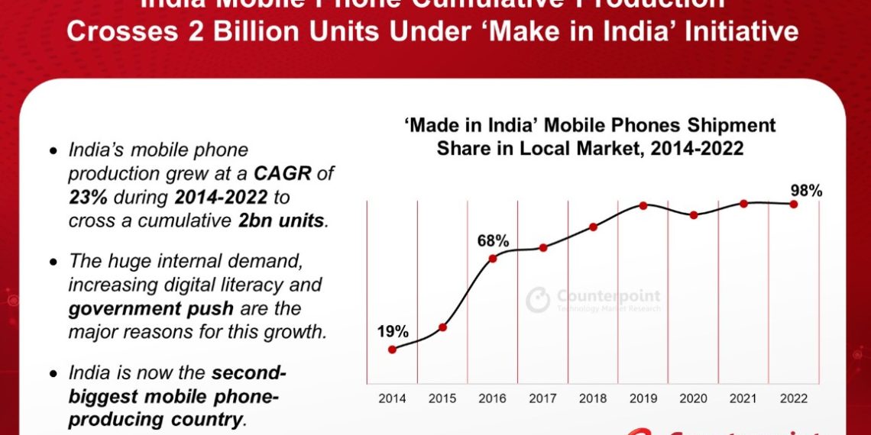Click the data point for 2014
tap(392, 350)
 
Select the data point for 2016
tap(493, 258)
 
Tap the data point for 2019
tap(643, 205)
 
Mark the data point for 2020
tap(694, 215)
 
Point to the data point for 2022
tap(794, 204)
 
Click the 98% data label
tap(807, 191)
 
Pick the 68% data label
tap(493, 240)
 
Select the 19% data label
tap(393, 332)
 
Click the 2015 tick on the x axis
tap(442, 399)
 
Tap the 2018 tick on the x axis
tap(593, 399)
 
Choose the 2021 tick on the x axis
tap(743, 399)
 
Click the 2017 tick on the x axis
tap(542, 399)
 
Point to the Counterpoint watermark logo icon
tap(538, 299)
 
